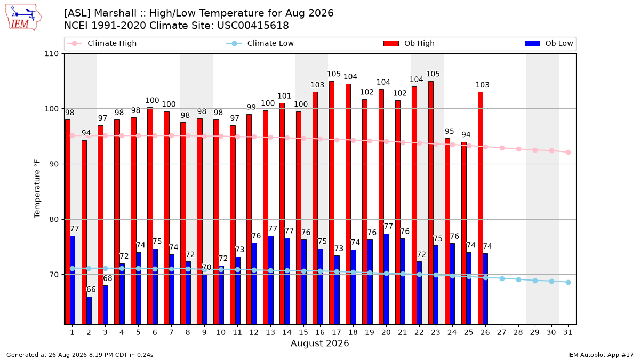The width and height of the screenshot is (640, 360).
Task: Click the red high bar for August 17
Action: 332,203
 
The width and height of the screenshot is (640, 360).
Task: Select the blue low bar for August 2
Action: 89,310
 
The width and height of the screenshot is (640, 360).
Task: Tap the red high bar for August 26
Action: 481,209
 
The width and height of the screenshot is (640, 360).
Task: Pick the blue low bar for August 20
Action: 386,279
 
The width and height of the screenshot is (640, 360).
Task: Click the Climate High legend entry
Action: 101,43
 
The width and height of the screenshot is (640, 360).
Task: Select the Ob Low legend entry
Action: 549,43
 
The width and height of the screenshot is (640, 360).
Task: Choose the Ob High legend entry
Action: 409,43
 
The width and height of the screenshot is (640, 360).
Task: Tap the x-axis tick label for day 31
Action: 567,332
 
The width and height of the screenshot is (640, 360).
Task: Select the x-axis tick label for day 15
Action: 303,332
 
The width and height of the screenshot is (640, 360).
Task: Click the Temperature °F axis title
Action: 37,189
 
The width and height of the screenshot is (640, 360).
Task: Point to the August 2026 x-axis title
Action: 319,343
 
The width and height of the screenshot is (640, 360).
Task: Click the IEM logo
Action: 23,17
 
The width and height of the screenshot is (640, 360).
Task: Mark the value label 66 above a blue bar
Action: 91,290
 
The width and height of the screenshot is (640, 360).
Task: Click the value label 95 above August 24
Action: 450,131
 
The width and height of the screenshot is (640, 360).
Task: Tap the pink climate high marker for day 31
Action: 568,153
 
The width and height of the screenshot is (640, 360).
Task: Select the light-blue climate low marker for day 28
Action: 518,279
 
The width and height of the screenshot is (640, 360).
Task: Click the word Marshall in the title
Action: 115,13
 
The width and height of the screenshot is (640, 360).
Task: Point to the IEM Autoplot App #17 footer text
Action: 601,355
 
